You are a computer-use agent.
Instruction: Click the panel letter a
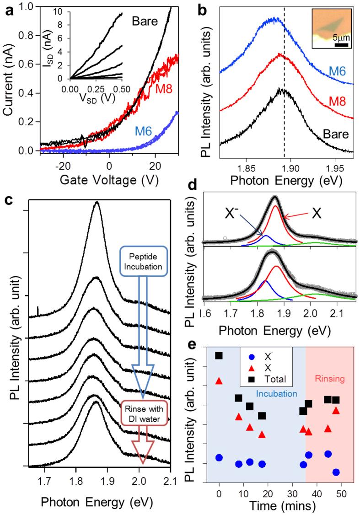pos(6,7)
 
